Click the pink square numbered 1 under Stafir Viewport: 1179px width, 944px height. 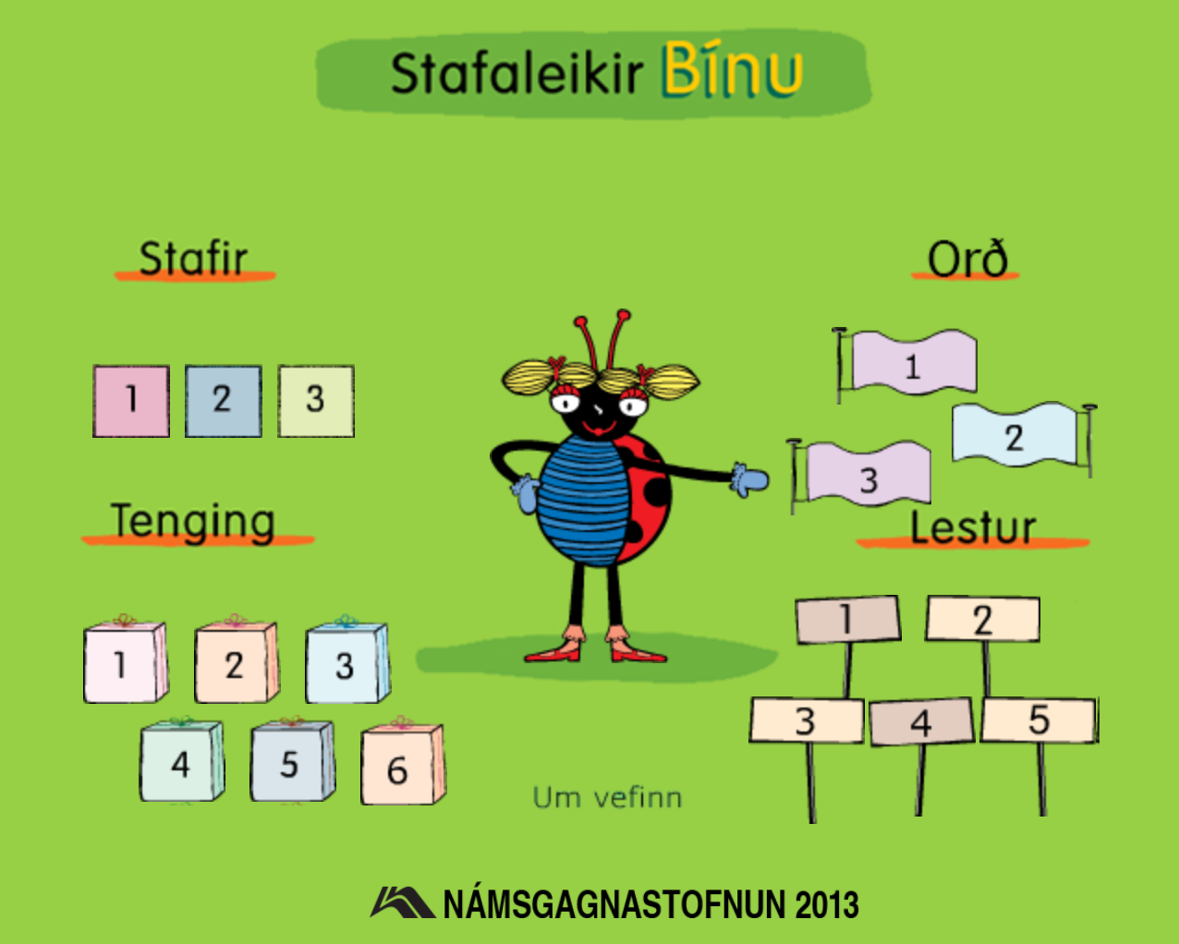[131, 401]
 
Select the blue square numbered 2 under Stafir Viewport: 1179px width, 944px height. [223, 401]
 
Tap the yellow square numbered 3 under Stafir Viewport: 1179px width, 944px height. [316, 401]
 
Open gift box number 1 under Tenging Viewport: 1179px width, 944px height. [126, 660]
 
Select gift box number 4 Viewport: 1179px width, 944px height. [181, 759]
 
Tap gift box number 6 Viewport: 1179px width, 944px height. [403, 761]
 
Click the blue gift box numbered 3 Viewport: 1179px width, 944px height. [347, 660]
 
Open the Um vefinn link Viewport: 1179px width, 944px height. [608, 798]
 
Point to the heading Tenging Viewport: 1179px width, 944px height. [193, 521]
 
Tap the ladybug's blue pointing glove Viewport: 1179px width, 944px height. [749, 480]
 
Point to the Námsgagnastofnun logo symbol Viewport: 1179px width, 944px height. [402, 902]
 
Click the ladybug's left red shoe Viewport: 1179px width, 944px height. [553, 652]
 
